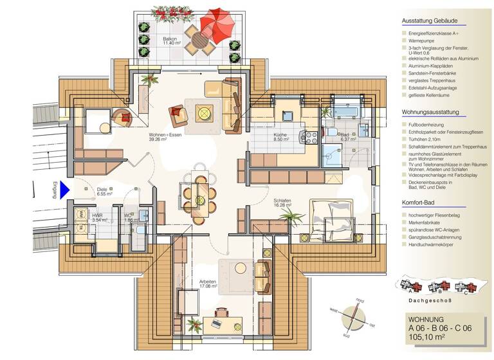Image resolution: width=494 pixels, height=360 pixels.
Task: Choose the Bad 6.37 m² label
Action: [347, 137]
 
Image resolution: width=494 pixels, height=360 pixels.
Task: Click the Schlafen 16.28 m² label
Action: [282, 203]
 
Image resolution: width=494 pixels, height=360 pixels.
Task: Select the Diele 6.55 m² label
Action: [104, 192]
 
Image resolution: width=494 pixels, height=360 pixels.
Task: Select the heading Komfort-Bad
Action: [421, 203]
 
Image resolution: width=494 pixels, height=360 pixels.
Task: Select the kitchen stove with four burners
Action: [311, 137]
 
